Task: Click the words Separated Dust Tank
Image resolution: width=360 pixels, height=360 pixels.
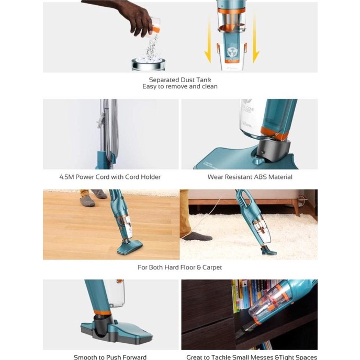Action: (x=179, y=80)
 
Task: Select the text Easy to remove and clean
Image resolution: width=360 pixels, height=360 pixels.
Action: (x=179, y=87)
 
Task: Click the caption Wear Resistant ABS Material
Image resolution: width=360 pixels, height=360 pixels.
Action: (x=250, y=177)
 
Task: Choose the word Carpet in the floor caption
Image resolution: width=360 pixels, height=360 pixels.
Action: (x=209, y=267)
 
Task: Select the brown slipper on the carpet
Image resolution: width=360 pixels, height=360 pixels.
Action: (x=197, y=236)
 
